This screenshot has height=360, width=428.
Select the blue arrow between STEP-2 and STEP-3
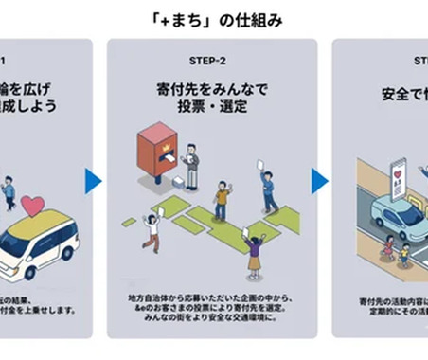[x=319, y=181]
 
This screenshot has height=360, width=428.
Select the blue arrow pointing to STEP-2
[x=94, y=181]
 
